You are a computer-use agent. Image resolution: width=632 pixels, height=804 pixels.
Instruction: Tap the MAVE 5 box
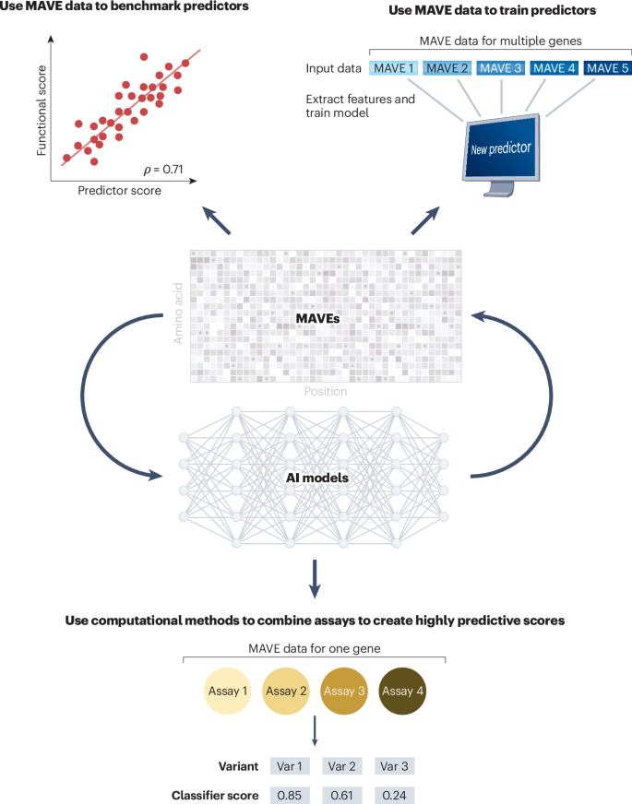pyautogui.click(x=607, y=69)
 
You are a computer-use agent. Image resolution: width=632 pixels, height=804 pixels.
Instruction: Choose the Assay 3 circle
pyautogui.click(x=346, y=692)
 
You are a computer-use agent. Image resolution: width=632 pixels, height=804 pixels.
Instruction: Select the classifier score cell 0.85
pyautogui.click(x=288, y=794)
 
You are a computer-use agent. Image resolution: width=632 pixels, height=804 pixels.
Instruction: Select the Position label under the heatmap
pyautogui.click(x=326, y=391)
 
